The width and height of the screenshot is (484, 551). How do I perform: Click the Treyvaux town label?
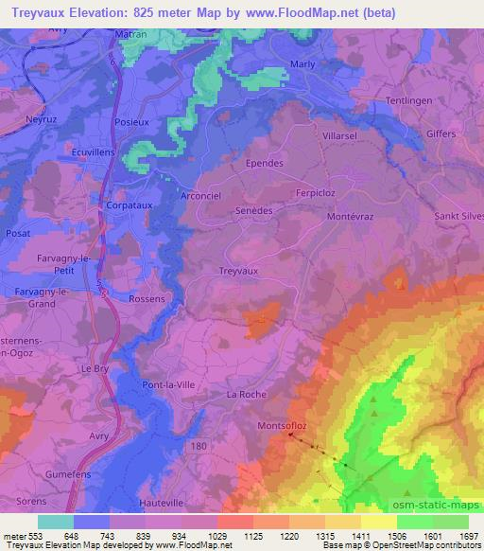(238, 271)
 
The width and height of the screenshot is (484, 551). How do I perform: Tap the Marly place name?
(302, 67)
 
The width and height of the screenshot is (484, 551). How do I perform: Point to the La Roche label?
(248, 394)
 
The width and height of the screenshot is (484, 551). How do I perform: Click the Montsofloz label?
(283, 427)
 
